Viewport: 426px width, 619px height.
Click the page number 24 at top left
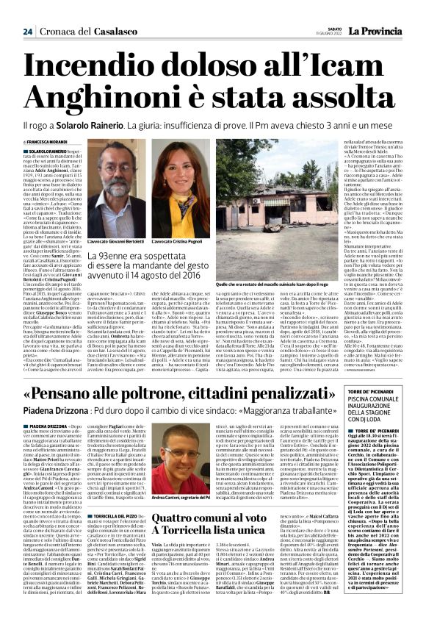point(27,10)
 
